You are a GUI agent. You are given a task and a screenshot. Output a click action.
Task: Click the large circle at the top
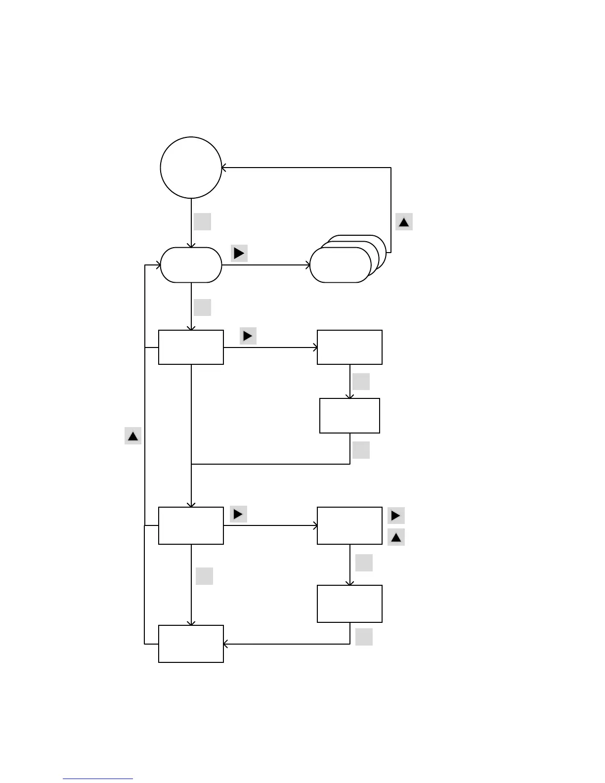click(x=191, y=168)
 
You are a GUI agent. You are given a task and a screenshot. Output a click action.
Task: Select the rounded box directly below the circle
click(x=191, y=265)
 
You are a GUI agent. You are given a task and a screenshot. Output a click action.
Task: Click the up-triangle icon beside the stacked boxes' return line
click(x=404, y=222)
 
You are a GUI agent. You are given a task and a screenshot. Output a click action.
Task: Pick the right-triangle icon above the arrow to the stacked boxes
click(x=239, y=253)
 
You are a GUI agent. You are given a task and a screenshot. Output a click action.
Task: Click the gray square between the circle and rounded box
click(x=202, y=221)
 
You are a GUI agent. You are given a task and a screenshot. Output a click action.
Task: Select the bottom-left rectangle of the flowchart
click(x=191, y=644)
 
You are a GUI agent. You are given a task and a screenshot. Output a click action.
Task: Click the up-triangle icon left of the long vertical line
click(x=133, y=436)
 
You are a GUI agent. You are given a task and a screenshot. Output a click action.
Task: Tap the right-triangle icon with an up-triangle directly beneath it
click(x=396, y=516)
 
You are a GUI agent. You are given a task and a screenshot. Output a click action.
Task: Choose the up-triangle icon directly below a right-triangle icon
click(x=396, y=537)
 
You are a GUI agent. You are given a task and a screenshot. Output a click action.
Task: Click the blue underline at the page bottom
click(x=98, y=779)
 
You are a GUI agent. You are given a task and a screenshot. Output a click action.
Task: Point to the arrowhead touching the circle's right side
click(x=224, y=168)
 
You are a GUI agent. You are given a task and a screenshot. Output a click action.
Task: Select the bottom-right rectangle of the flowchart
click(x=349, y=604)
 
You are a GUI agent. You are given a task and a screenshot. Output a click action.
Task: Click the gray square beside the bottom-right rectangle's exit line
click(x=364, y=637)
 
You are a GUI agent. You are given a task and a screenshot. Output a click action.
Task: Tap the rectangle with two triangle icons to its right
click(x=349, y=525)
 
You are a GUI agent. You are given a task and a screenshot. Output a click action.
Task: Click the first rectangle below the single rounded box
click(x=191, y=348)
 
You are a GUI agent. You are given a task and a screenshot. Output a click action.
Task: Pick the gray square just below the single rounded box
click(x=202, y=307)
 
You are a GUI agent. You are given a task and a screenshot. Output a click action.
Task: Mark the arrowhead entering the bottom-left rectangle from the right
click(x=226, y=644)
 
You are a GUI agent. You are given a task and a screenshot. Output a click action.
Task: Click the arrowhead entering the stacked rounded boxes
click(x=307, y=265)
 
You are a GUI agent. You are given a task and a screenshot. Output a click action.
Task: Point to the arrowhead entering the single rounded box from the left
click(x=158, y=265)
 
